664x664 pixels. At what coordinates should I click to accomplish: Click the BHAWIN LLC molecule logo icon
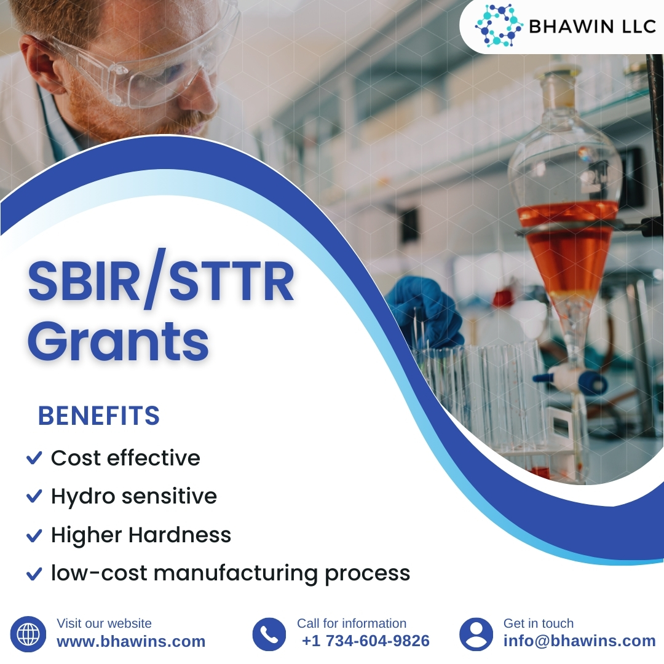pyautogui.click(x=499, y=25)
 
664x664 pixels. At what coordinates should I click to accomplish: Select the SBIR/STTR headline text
pyautogui.click(x=160, y=282)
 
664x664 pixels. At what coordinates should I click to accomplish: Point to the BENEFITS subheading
pyautogui.click(x=99, y=416)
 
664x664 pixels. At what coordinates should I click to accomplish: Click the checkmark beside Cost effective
pyautogui.click(x=34, y=458)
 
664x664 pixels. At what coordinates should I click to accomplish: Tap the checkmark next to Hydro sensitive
pyautogui.click(x=34, y=496)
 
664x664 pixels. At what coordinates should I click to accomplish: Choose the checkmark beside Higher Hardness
pyautogui.click(x=34, y=535)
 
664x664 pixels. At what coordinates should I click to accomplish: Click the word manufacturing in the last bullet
pyautogui.click(x=236, y=573)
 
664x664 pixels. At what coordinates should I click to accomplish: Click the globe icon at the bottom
pyautogui.click(x=28, y=634)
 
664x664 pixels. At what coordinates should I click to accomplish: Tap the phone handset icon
pyautogui.click(x=269, y=634)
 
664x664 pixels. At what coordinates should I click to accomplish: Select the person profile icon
pyautogui.click(x=476, y=634)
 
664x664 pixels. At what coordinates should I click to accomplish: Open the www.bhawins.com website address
pyautogui.click(x=131, y=641)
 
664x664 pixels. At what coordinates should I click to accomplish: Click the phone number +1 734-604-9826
pyautogui.click(x=366, y=641)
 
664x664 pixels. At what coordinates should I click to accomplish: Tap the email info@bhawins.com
pyautogui.click(x=579, y=641)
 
